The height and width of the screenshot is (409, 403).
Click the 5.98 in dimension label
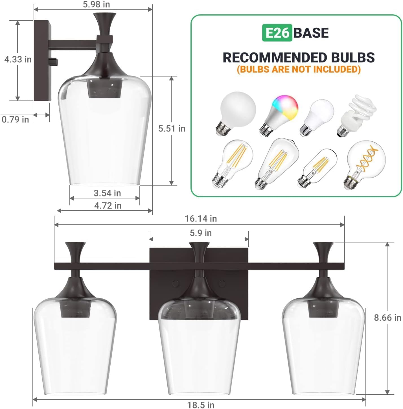click(x=96, y=5)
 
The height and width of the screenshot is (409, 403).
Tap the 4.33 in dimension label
click(x=18, y=59)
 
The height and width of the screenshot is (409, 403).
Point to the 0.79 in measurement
click(x=15, y=119)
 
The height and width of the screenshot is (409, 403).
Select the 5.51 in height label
click(x=172, y=128)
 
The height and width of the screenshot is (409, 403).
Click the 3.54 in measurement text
click(x=107, y=193)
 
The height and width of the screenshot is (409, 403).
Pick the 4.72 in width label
click(x=108, y=205)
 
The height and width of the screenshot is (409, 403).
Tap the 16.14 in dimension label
click(x=201, y=218)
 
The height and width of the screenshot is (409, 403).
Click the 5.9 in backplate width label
click(x=201, y=233)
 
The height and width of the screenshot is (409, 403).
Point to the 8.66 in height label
click(x=387, y=318)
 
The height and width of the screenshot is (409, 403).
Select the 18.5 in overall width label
click(x=201, y=405)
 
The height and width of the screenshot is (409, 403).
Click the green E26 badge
click(x=277, y=33)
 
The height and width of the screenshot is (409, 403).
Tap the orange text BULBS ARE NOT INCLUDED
click(x=299, y=69)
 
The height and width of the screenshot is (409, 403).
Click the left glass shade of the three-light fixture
click(x=75, y=347)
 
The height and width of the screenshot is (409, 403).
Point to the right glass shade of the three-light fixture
click(x=323, y=347)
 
